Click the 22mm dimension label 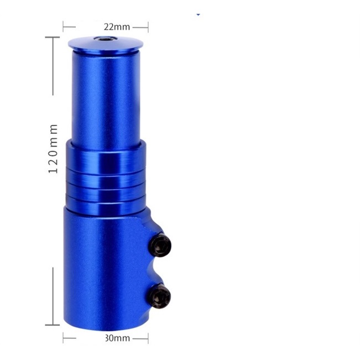click(x=117, y=27)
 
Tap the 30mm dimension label click(x=118, y=338)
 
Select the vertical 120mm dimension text click(x=53, y=149)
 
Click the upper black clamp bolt click(x=161, y=245)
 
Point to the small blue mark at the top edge click(x=199, y=14)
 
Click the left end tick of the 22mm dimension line click(x=63, y=27)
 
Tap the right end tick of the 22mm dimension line click(x=148, y=27)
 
